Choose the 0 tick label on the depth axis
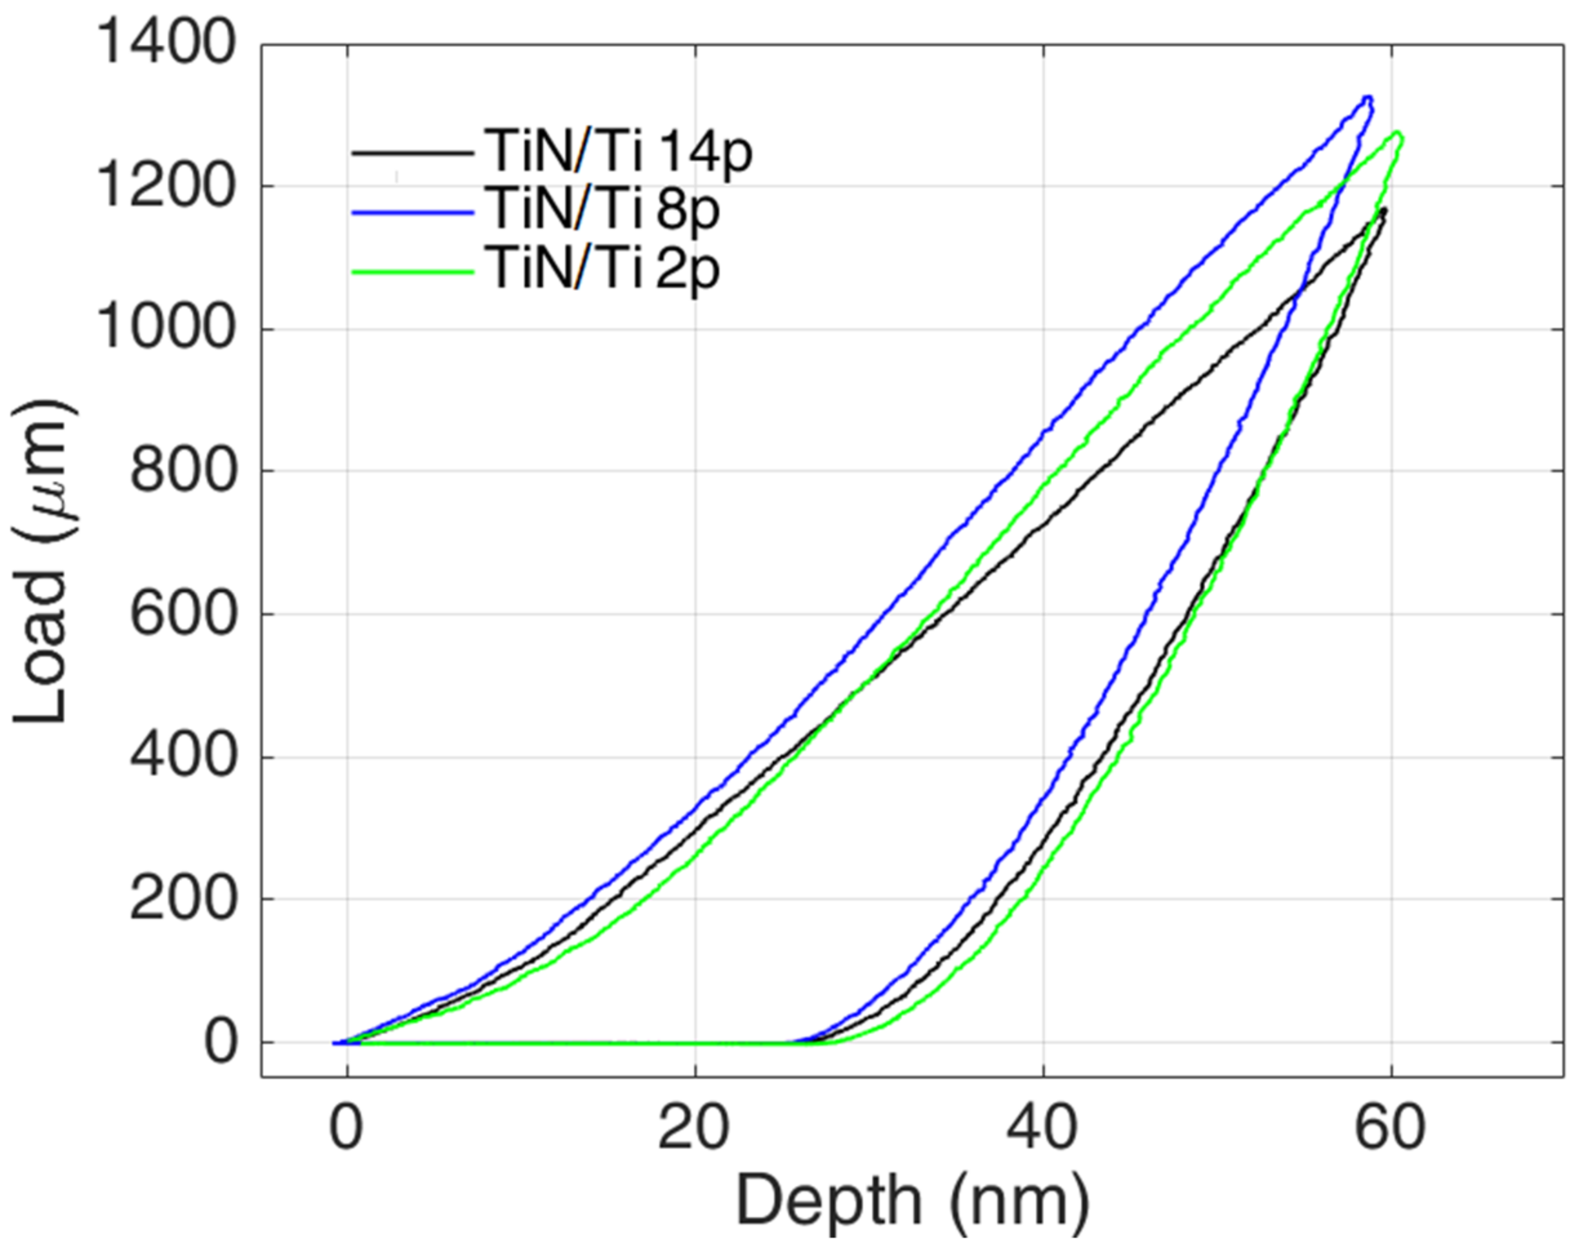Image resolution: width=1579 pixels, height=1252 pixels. [x=346, y=1129]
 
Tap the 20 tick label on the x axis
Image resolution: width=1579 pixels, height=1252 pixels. [x=694, y=1129]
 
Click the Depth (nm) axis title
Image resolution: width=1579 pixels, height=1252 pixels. [x=913, y=1202]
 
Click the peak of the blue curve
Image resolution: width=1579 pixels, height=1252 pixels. [x=1367, y=97]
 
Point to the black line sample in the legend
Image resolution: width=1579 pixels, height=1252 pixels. [x=412, y=153]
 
